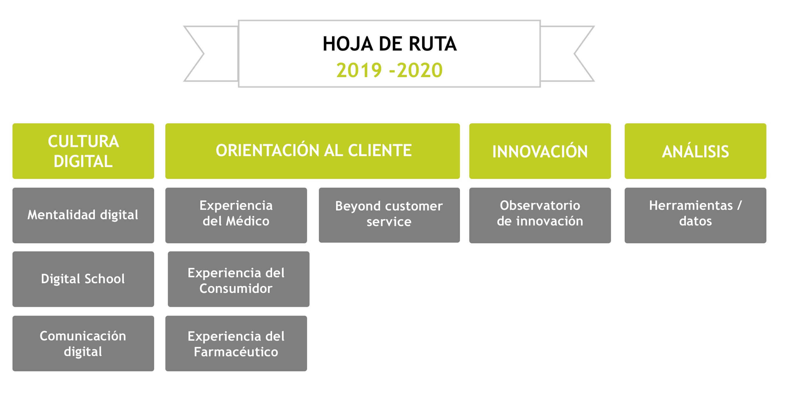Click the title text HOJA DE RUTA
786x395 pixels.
(390, 44)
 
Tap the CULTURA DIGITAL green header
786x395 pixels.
(83, 151)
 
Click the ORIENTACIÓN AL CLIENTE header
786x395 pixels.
(312, 151)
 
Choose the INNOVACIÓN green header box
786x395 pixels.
(540, 151)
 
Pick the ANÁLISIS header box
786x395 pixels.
(695, 151)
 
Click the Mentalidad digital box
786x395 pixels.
(83, 215)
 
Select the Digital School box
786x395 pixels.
(83, 279)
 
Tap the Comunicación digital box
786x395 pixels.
(83, 343)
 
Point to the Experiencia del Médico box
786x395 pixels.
(236, 215)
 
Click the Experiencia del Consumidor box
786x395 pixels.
(239, 279)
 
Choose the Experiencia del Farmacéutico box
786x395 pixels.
(236, 343)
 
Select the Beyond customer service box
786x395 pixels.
(389, 215)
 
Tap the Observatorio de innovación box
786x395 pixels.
(540, 215)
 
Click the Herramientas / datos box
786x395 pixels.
(695, 215)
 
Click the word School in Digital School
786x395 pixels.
(105, 279)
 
